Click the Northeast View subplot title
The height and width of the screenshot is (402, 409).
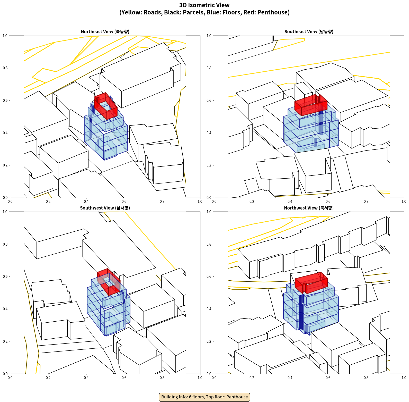coord(105,31)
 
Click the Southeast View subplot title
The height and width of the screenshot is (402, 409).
coord(309,31)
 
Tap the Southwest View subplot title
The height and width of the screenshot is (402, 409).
coord(105,208)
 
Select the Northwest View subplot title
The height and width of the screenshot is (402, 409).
coord(309,208)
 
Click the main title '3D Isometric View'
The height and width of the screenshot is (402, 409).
coord(204,5)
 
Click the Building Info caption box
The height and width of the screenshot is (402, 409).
coord(204,397)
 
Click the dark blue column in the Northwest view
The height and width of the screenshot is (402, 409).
coord(301,313)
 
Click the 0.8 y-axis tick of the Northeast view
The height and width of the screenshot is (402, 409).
coord(5,68)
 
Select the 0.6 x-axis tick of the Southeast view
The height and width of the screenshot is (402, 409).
coord(328,201)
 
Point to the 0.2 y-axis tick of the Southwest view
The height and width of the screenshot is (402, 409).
coord(5,341)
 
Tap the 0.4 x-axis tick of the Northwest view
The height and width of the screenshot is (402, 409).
coord(290,378)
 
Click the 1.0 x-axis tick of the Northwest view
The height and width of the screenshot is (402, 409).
coord(404,378)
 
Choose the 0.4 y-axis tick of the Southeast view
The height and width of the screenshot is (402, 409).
coord(209,133)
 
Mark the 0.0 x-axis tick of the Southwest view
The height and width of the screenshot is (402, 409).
coord(10,378)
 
